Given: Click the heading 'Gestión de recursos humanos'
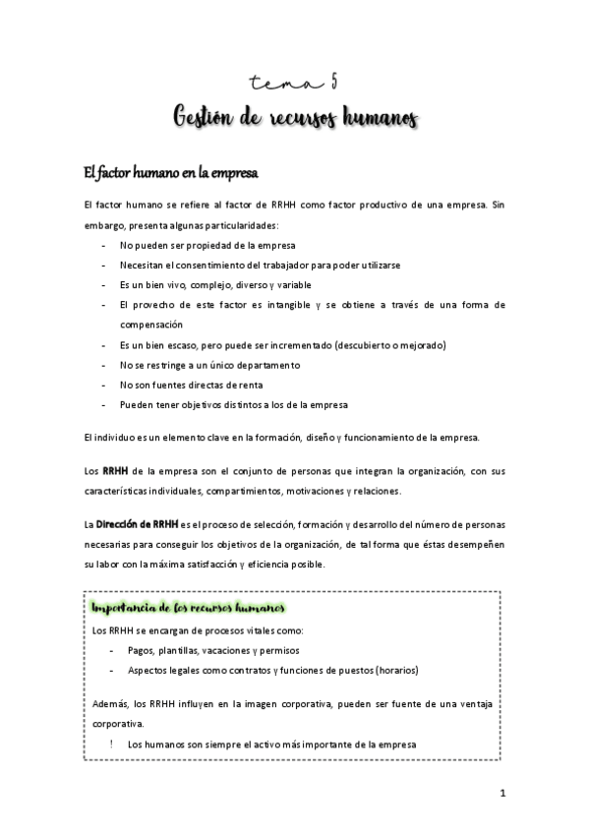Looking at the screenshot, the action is coord(295,118).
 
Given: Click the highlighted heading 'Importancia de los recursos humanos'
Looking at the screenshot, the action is coord(187,609).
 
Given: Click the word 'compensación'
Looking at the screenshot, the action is coord(151,324).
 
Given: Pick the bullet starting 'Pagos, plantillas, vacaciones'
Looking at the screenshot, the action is coord(213,650).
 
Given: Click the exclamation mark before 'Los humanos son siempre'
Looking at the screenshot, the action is coord(112,745).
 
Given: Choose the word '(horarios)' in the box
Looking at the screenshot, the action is coord(391,670).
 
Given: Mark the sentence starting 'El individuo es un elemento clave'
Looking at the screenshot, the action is coord(295,437).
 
